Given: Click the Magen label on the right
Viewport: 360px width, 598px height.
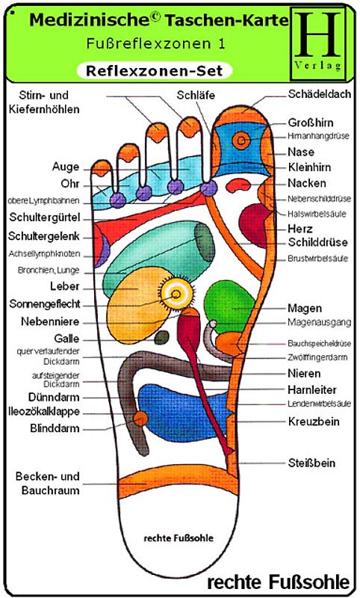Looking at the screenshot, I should click(x=305, y=308).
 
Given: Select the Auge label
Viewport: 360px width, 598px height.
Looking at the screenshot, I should click(x=65, y=166).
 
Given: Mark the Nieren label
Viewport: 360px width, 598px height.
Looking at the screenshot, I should click(x=303, y=372).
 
